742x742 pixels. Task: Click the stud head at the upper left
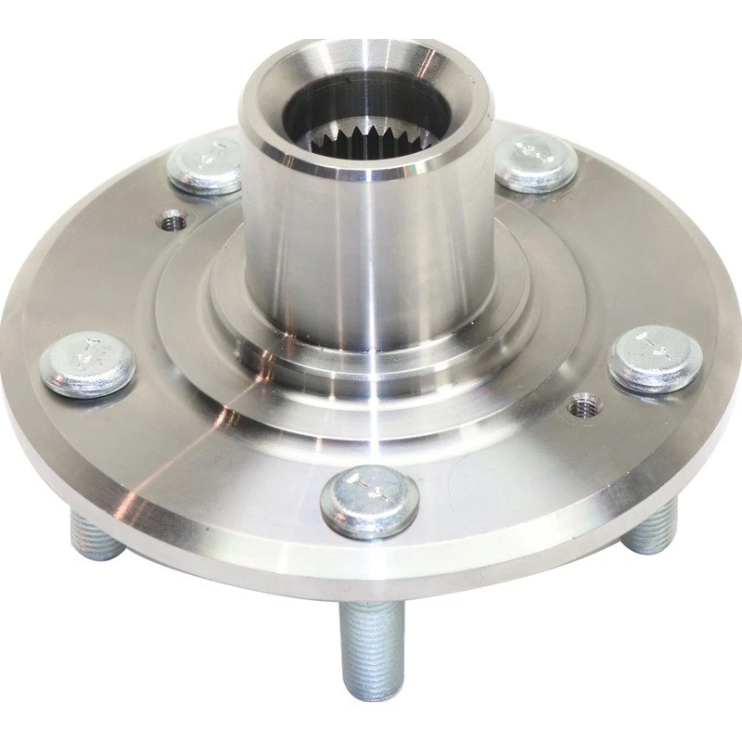click(205, 166)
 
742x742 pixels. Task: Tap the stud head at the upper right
click(536, 163)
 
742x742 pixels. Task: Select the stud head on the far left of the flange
click(89, 363)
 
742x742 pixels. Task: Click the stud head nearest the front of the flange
click(369, 501)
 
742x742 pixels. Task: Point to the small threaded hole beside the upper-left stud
click(172, 222)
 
